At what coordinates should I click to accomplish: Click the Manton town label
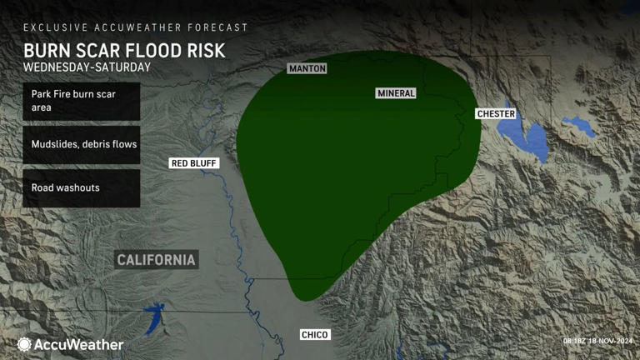[307, 68]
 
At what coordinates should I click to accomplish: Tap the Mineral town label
[396, 93]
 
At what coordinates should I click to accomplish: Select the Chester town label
[496, 113]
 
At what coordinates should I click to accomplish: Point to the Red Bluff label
[194, 163]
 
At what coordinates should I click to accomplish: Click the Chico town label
[315, 335]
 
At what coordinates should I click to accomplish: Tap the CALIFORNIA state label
[157, 260]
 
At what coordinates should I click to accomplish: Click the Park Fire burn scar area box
[81, 101]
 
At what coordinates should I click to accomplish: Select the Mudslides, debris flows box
[81, 144]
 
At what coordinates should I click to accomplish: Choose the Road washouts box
[81, 187]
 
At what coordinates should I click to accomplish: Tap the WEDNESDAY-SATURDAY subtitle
[87, 67]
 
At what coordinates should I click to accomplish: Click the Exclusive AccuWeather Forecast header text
[135, 27]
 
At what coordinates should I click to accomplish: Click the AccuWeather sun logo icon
[24, 344]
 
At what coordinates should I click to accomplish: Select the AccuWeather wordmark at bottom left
[79, 344]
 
